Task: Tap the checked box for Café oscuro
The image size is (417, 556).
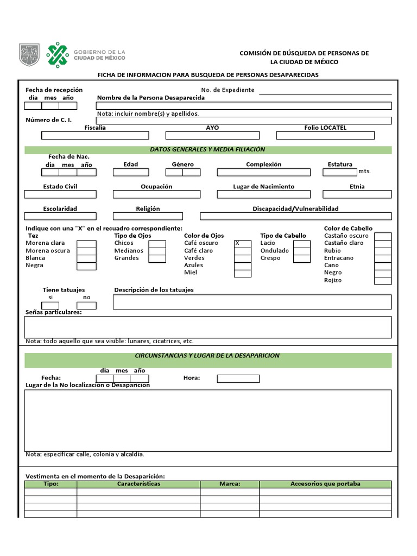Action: (243, 244)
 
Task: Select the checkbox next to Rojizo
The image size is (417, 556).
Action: (382, 281)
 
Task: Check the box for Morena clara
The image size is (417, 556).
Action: (86, 244)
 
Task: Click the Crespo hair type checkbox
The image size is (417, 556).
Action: (302, 258)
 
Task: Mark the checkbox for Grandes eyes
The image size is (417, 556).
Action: (157, 258)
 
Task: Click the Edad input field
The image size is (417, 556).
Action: (130, 173)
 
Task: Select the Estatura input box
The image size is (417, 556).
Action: (340, 173)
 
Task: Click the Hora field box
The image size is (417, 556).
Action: (238, 378)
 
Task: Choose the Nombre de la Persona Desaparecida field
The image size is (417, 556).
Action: (244, 106)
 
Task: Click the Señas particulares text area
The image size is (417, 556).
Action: (208, 327)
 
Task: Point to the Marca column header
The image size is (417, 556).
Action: (230, 484)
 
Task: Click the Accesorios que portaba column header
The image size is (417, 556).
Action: (325, 484)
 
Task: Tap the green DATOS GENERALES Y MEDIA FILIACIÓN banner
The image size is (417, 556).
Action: (208, 150)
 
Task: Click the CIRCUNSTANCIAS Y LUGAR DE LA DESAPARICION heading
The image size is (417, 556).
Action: (208, 356)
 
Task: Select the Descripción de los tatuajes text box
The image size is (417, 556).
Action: (252, 302)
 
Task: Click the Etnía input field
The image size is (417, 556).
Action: (357, 194)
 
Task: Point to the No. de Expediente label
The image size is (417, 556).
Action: (228, 90)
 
